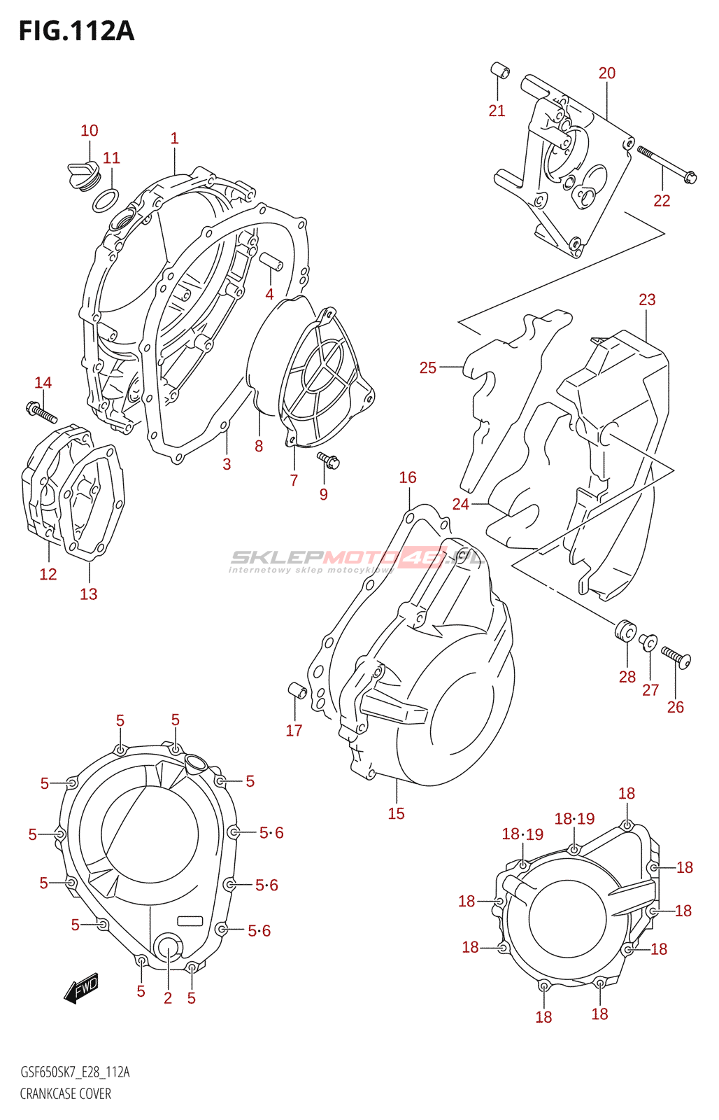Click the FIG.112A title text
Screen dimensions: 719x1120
pos(76,31)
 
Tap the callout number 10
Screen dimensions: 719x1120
pos(90,130)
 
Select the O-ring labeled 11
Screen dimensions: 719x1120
pos(106,200)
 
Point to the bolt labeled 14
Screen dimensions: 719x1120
pos(41,412)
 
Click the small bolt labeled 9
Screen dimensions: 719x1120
pos(328,460)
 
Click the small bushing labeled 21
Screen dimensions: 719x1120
pos(499,71)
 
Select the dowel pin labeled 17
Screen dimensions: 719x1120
pos(297,689)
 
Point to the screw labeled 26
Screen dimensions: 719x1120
pos(676,657)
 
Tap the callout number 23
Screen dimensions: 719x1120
pos(647,300)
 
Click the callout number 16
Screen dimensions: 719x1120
pos(408,477)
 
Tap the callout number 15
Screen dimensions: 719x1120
pos(397,813)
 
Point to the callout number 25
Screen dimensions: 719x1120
pos(428,368)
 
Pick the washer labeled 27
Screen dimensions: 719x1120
pos(648,640)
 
